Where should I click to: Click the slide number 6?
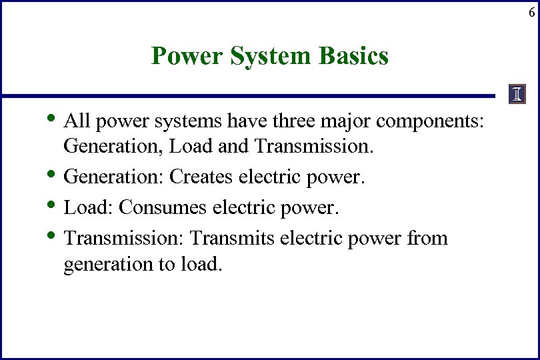531,13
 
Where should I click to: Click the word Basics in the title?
354,56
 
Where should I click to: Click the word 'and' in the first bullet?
231,146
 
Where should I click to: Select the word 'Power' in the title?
187,56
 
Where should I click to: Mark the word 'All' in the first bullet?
77,122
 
